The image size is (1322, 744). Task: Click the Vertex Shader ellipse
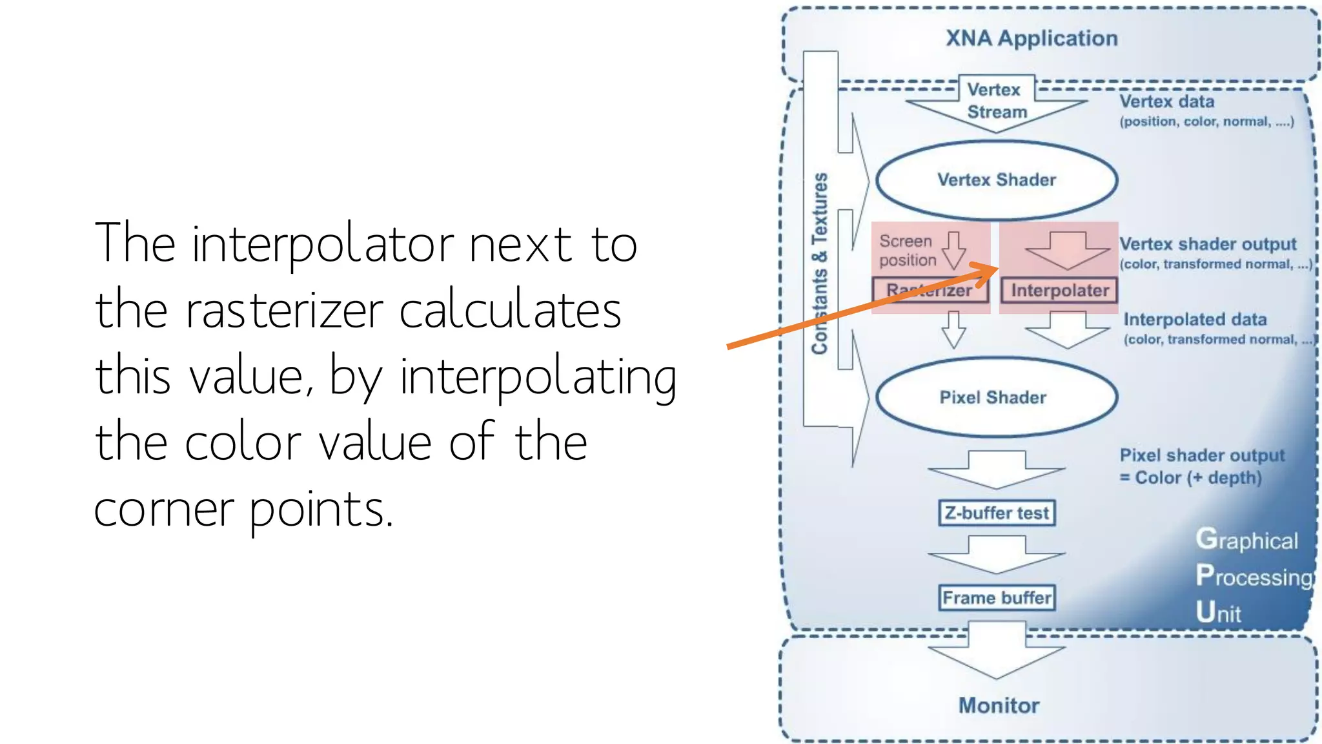[x=996, y=180]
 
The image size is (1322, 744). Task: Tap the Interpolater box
[x=1059, y=291]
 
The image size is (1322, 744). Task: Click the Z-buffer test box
[x=997, y=513]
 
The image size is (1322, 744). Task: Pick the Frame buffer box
[x=997, y=597]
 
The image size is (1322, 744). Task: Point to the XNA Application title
[x=1032, y=38]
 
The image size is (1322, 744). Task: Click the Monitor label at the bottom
[x=999, y=705]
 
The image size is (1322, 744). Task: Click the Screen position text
[x=907, y=251]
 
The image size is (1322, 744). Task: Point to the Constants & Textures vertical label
[x=819, y=263]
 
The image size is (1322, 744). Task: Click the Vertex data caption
[x=1166, y=101]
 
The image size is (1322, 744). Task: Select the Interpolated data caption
[x=1195, y=320]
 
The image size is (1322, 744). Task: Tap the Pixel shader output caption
[x=1202, y=455]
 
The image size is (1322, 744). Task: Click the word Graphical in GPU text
[x=1246, y=540]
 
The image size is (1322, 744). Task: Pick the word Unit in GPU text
[x=1218, y=612]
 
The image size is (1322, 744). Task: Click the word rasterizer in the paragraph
[x=284, y=311]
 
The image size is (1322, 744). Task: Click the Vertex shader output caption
[x=1207, y=244]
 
